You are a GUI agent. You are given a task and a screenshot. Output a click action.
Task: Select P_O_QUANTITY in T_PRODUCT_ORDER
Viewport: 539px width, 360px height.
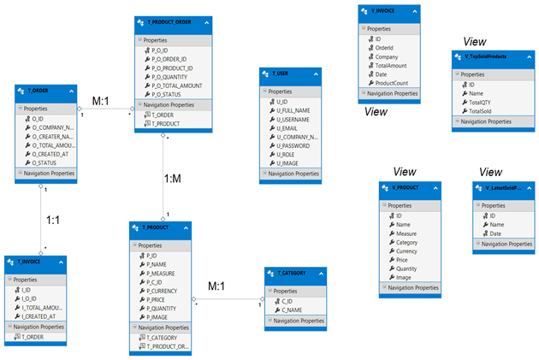(176, 77)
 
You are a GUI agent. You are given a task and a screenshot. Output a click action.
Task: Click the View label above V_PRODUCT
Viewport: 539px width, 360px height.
(404, 171)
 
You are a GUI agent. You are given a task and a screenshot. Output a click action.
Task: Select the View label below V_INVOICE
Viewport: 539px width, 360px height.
(376, 111)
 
